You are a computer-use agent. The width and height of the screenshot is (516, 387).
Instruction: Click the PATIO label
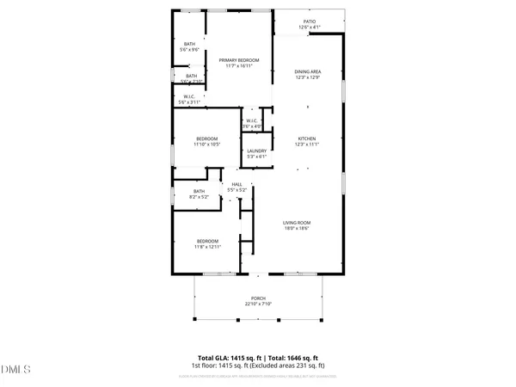(x=309, y=21)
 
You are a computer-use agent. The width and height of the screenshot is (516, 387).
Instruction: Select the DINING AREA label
(x=308, y=72)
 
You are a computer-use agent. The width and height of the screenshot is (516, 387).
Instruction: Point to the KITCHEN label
(x=308, y=138)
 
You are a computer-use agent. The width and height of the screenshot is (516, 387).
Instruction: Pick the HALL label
(x=236, y=183)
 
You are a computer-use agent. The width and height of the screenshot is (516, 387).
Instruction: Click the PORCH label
(x=257, y=298)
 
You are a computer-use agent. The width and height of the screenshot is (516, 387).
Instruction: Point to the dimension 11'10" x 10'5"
(x=207, y=144)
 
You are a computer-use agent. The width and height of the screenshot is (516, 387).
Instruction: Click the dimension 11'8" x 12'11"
(x=207, y=247)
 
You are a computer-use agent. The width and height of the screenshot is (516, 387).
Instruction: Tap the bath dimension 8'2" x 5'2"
(x=200, y=197)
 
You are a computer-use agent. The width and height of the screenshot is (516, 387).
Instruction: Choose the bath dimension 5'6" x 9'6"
(x=189, y=50)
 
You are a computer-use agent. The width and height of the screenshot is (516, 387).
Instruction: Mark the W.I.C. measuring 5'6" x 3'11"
(x=189, y=102)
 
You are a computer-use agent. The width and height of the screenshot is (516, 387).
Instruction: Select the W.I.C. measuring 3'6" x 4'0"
(x=252, y=126)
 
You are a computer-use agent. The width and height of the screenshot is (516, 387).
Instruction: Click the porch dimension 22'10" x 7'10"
(x=257, y=304)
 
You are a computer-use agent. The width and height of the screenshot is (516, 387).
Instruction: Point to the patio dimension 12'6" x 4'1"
(x=309, y=28)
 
